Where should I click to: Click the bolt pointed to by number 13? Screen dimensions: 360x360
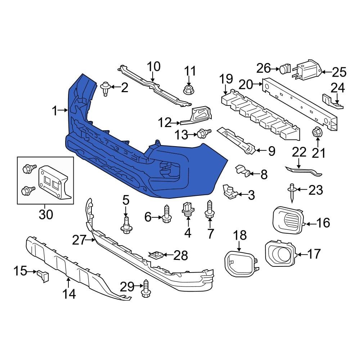click(x=202, y=134)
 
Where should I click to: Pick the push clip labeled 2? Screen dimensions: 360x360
click(x=105, y=88)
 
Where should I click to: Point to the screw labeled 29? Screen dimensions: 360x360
click(x=146, y=288)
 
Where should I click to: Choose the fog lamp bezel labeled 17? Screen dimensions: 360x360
click(x=280, y=254)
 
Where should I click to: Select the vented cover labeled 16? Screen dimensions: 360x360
click(x=287, y=219)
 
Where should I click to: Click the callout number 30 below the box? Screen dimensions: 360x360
click(x=46, y=214)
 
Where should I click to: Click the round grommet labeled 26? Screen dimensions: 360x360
click(x=286, y=68)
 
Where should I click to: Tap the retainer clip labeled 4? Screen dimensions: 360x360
click(x=188, y=209)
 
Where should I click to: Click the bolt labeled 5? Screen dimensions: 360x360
click(x=126, y=225)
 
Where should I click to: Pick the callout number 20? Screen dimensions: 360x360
click(x=246, y=85)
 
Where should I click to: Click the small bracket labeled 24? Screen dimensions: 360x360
click(x=331, y=99)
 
